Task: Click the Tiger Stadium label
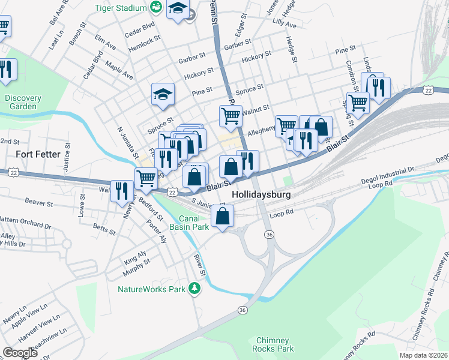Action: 121,8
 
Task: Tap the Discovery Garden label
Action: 22,102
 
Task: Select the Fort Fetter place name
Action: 38,154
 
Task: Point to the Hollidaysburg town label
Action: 261,195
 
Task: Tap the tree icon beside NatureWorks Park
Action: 194,289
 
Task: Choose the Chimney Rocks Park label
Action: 274,344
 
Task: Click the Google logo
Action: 19,352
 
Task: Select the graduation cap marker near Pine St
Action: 163,94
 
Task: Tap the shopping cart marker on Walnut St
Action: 231,115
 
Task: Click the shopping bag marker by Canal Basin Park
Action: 223,216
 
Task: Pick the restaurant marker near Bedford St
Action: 122,190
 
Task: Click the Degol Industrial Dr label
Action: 388,170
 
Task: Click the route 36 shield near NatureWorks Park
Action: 242,310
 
